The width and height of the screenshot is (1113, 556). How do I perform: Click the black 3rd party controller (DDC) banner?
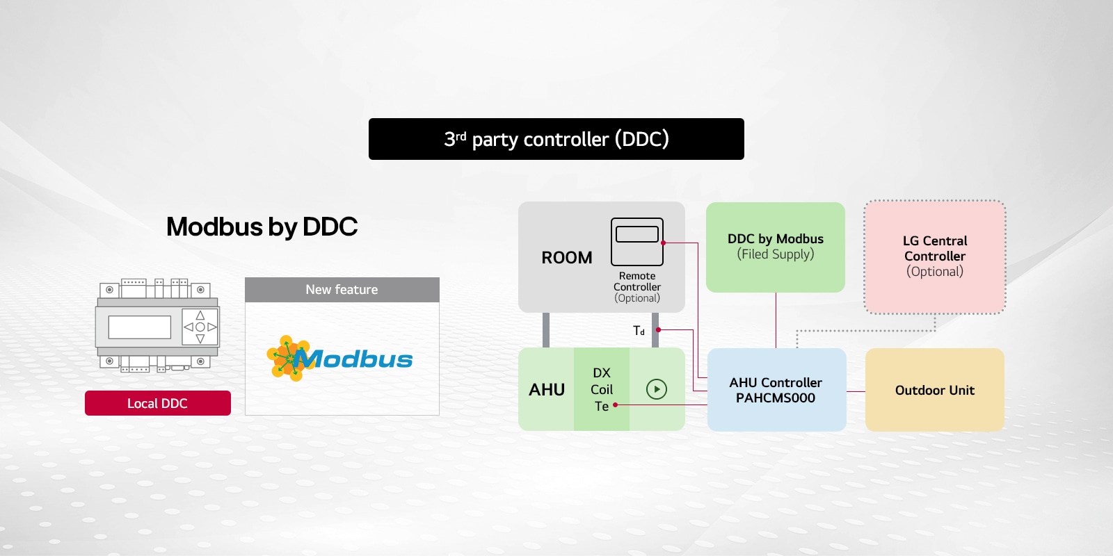click(556, 139)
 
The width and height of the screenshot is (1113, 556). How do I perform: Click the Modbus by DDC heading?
click(262, 227)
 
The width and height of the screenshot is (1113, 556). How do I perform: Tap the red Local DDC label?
click(158, 403)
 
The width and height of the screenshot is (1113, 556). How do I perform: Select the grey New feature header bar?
click(342, 289)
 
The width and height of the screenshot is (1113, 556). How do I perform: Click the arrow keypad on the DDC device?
click(200, 327)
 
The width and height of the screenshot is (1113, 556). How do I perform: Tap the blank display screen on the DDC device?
click(140, 327)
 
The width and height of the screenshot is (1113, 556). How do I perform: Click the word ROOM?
click(567, 258)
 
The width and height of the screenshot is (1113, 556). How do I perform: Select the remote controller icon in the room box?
click(637, 241)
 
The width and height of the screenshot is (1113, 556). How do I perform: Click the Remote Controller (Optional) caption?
click(637, 287)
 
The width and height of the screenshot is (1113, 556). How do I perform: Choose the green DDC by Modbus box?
click(776, 247)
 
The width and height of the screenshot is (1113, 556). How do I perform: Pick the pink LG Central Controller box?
click(935, 256)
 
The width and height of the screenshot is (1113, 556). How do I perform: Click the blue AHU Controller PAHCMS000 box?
click(776, 390)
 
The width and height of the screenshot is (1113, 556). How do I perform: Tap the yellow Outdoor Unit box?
click(935, 390)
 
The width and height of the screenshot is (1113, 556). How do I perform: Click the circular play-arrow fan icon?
click(657, 389)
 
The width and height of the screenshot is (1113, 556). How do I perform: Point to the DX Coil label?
click(602, 381)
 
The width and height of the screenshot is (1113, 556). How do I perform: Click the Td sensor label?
click(639, 331)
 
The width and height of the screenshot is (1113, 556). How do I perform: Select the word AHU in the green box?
click(547, 390)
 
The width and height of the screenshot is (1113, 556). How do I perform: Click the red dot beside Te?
click(616, 404)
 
